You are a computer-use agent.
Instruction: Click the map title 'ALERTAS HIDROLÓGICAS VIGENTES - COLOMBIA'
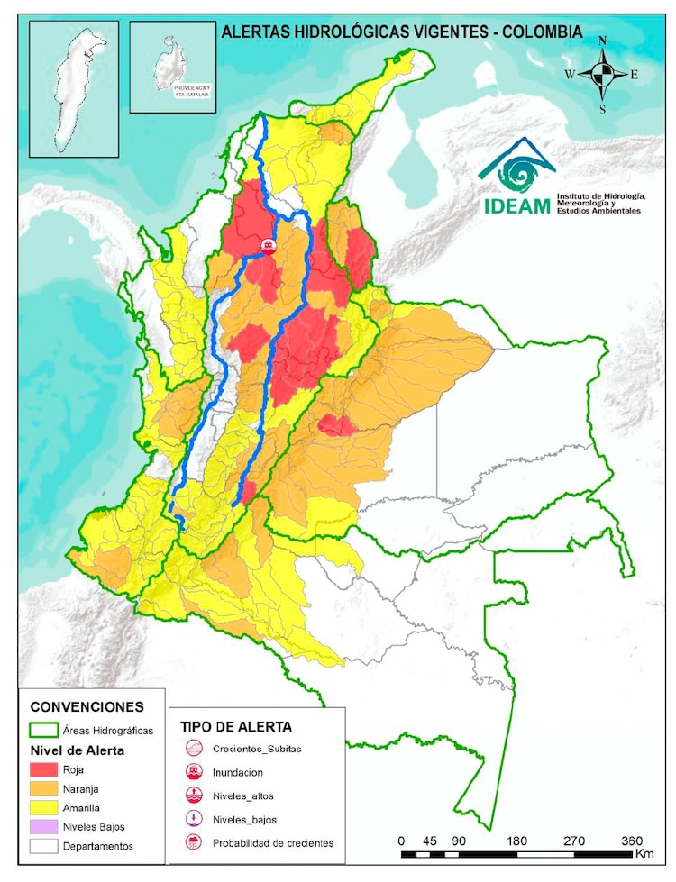click(x=401, y=32)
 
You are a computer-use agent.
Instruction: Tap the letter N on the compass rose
click(x=602, y=41)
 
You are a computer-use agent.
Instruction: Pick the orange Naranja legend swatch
click(x=44, y=788)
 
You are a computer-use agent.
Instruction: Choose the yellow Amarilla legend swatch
click(x=44, y=807)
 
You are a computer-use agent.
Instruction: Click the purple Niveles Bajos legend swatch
click(x=44, y=827)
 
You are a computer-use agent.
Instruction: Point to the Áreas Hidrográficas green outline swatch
click(x=44, y=730)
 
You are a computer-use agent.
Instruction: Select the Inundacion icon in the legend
click(x=194, y=773)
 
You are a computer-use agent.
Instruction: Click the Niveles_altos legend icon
click(x=194, y=796)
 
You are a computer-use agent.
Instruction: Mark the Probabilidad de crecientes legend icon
click(x=194, y=843)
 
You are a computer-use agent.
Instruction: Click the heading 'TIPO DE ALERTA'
click(x=235, y=726)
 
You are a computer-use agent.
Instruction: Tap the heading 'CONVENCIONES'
click(x=87, y=706)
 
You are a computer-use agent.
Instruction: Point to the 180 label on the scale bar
click(x=519, y=840)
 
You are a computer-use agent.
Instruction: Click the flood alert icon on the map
click(x=268, y=245)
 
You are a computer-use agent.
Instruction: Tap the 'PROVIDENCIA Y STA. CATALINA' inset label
click(x=190, y=88)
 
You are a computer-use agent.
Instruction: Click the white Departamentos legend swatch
click(x=44, y=846)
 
